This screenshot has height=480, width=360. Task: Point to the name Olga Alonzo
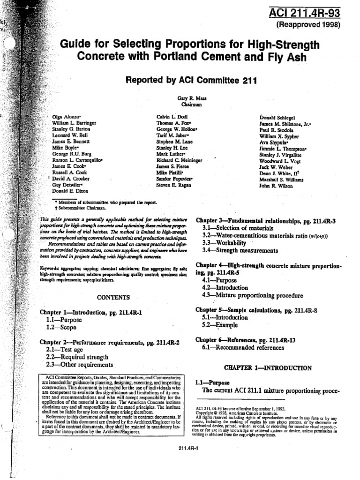pyautogui.click(x=67, y=116)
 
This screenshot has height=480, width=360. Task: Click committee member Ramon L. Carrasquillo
pyautogui.click(x=77, y=160)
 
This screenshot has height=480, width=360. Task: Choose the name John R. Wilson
pyautogui.click(x=277, y=186)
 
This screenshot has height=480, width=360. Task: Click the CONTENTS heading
pyautogui.click(x=113, y=297)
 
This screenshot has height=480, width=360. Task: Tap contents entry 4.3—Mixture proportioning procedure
pyautogui.click(x=252, y=295)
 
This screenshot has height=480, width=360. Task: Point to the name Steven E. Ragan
pyautogui.click(x=173, y=186)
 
